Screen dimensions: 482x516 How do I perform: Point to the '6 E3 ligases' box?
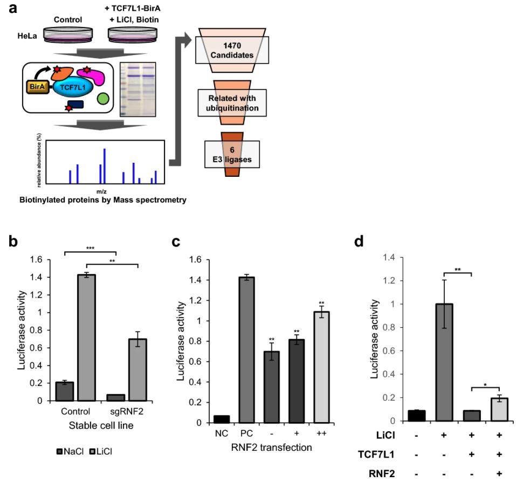[232, 153]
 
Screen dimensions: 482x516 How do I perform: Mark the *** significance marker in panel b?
[90, 249]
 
